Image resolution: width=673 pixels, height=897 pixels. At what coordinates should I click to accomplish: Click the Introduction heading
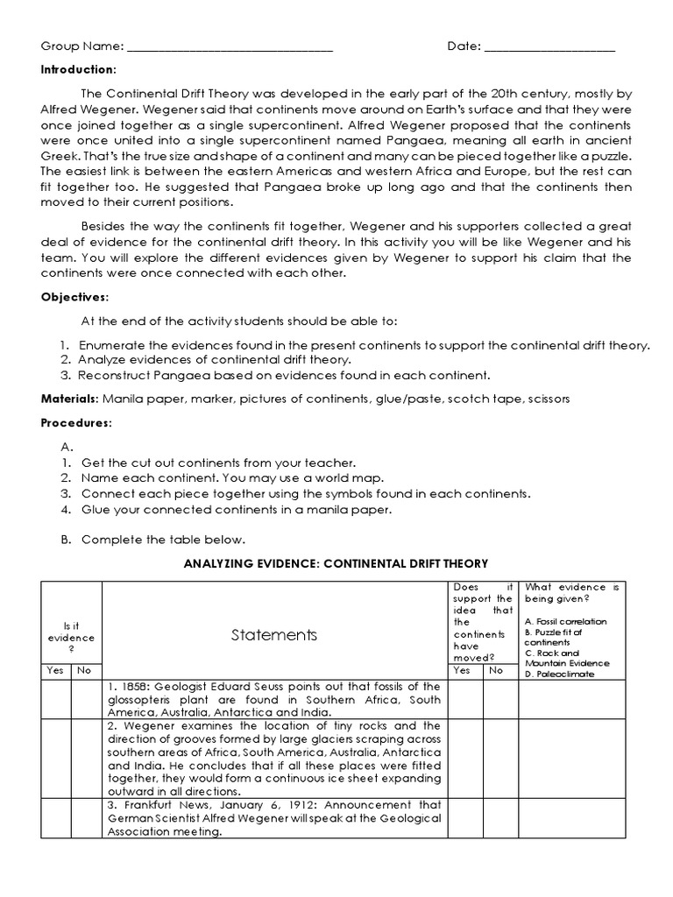point(78,69)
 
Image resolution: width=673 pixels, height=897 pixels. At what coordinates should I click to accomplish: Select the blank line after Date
point(549,47)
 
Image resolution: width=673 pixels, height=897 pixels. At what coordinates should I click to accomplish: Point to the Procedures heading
point(76,423)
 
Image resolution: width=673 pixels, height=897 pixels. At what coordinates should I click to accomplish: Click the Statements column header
point(274,634)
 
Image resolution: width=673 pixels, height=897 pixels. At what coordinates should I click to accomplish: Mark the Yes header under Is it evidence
point(55,671)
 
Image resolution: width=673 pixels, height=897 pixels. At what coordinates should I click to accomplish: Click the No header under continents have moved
point(496,671)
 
